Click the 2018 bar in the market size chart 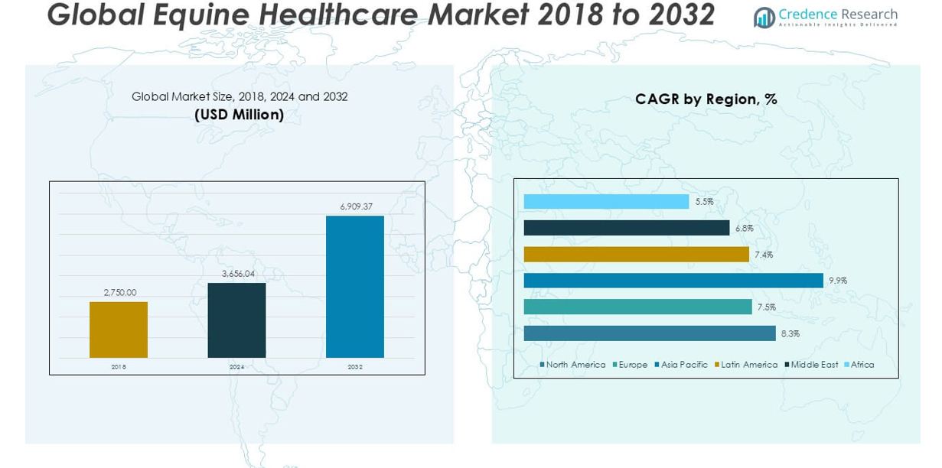point(119,330)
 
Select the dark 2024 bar point(236,320)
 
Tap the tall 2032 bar point(355,287)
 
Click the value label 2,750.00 point(120,292)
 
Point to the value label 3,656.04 point(238,274)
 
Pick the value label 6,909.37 point(356,206)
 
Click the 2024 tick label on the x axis point(236,367)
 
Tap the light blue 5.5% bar point(606,201)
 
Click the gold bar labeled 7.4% point(636,254)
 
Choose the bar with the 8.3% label point(650,333)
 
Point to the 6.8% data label point(744,228)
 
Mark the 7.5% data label point(766,307)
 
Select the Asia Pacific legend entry point(684,365)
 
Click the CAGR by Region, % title point(706,99)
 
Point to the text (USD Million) point(239,115)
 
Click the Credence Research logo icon point(764,17)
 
